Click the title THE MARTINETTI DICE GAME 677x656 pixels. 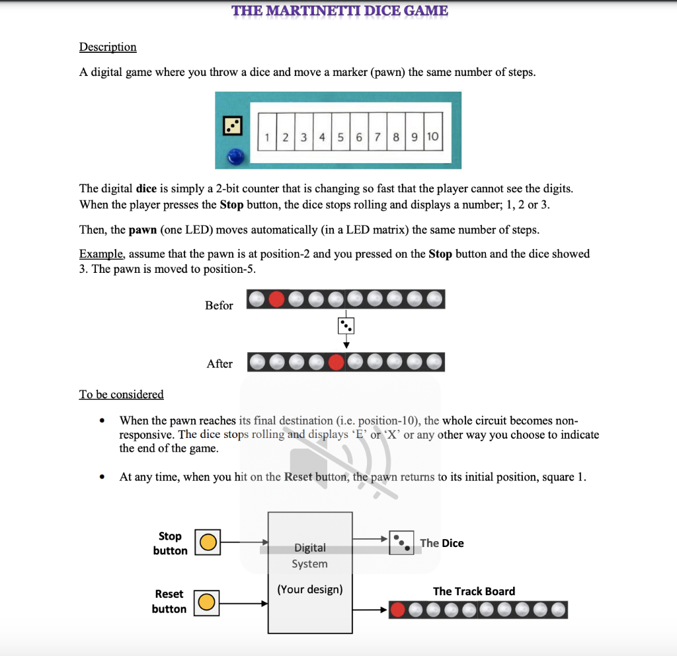[x=339, y=11]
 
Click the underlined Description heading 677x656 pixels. [x=108, y=47]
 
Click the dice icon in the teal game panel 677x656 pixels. [x=232, y=126]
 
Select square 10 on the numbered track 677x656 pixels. [x=432, y=137]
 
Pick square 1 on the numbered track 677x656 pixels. [x=266, y=137]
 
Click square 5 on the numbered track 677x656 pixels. [x=340, y=137]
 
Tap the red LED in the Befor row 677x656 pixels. [x=276, y=299]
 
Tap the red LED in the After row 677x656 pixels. [x=337, y=362]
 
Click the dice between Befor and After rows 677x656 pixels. [x=346, y=326]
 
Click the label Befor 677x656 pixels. [x=219, y=305]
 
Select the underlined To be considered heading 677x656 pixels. [x=121, y=394]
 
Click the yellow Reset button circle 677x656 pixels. [x=206, y=602]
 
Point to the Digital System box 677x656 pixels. [x=309, y=571]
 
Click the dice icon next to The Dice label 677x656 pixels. [x=401, y=543]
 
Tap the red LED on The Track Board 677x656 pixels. [x=398, y=610]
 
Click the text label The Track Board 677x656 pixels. [x=473, y=591]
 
